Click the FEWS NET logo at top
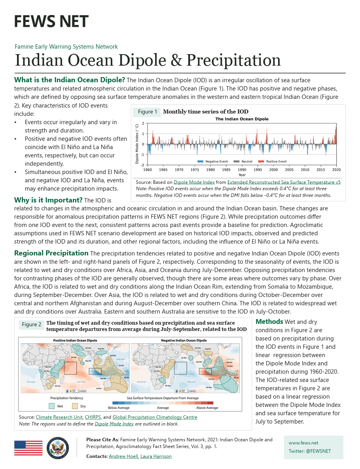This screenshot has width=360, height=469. coord(51,21)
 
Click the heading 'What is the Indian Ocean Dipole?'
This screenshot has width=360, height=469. coord(70,80)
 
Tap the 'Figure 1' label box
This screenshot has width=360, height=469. coord(147,112)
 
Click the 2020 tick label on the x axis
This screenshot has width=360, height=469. coord(336,170)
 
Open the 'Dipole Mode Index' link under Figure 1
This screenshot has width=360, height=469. coord(194,182)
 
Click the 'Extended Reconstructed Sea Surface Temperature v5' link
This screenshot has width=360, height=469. coord(284,182)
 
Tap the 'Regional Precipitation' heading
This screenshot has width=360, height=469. coord(51,253)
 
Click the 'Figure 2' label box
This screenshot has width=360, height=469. coord(32,325)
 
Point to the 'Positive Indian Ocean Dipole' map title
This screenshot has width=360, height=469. coord(75,340)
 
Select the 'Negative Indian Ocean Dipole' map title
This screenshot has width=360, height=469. coord(185,340)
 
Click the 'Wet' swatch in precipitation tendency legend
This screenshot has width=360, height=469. coord(51,406)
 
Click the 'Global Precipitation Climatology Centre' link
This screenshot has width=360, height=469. coord(155,417)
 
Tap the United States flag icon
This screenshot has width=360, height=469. coord(28,448)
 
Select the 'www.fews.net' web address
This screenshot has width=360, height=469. coord(303,443)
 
